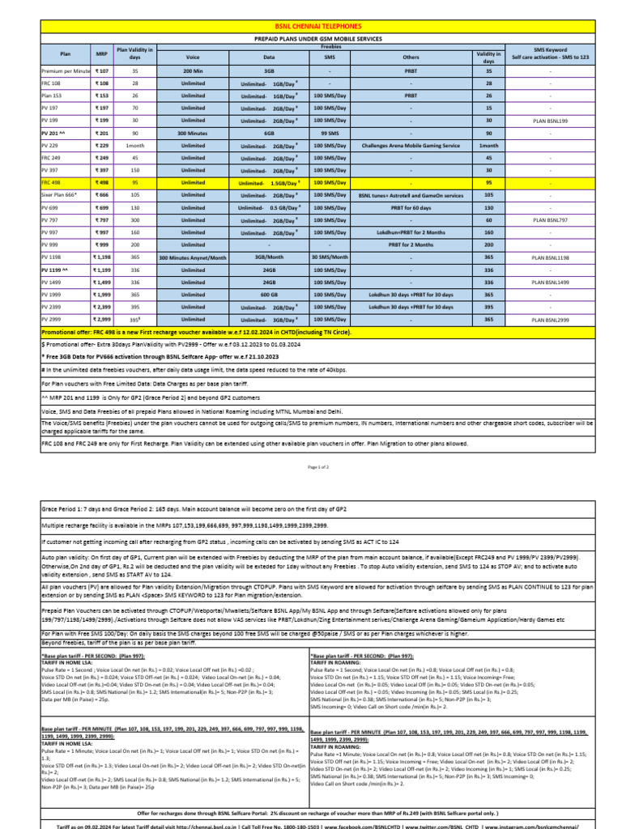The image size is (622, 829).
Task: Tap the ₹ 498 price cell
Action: [x=102, y=183]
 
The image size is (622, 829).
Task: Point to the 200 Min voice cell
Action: [x=193, y=71]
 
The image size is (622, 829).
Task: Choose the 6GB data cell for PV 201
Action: [x=269, y=133]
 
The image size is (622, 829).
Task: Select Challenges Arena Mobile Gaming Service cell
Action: [x=411, y=146]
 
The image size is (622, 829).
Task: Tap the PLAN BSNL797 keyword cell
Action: [x=550, y=220]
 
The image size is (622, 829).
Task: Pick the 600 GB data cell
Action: [x=269, y=295]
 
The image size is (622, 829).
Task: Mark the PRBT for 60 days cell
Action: [x=411, y=208]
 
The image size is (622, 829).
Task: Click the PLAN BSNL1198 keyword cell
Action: [x=550, y=257]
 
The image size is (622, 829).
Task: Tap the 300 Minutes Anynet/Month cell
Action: [x=193, y=257]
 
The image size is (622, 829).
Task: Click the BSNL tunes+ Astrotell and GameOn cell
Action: [x=411, y=195]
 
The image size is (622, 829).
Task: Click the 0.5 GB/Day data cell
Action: [x=269, y=208]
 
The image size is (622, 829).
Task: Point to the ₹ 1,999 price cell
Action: [x=102, y=295]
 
